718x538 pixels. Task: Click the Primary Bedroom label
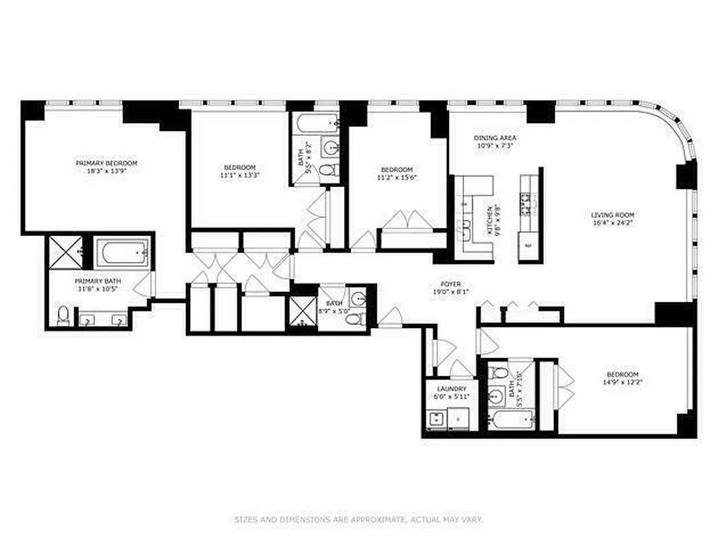pos(106,163)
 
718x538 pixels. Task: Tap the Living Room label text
pos(609,215)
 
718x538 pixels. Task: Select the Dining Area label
pos(495,138)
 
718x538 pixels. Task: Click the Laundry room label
pos(452,389)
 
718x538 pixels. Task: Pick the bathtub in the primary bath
pos(122,254)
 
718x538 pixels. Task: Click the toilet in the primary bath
pos(63,315)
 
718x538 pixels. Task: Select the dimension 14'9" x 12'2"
pos(623,383)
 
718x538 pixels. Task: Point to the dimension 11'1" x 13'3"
pos(240,175)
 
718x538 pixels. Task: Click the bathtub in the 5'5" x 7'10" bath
pos(511,422)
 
